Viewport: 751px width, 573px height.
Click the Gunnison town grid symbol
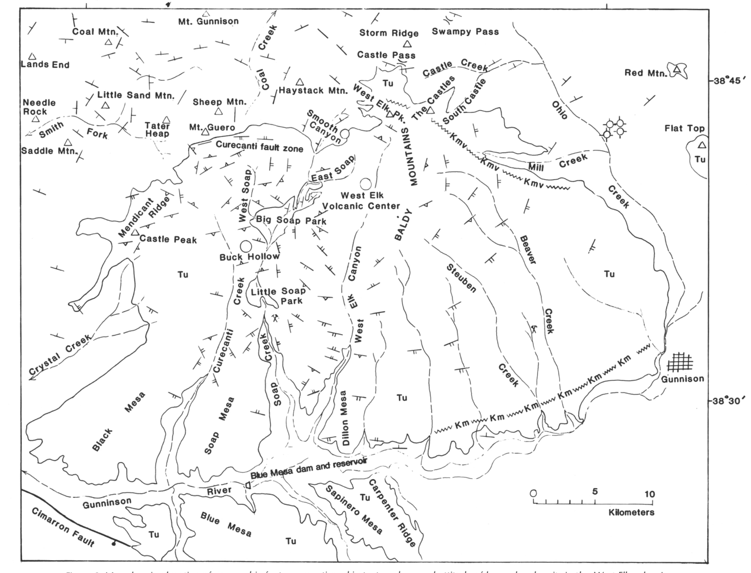point(680,363)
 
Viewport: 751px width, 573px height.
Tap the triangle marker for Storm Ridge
point(407,44)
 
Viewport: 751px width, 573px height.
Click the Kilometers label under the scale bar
point(631,512)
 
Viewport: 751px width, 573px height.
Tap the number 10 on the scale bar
point(649,494)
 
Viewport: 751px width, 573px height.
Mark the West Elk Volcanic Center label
point(361,201)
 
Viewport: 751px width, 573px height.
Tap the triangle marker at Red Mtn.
point(678,69)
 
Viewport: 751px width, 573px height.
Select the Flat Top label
point(684,129)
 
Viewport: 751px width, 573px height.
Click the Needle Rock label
point(39,107)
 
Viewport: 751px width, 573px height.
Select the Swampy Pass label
point(465,32)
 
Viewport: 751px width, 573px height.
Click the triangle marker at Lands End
point(32,57)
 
